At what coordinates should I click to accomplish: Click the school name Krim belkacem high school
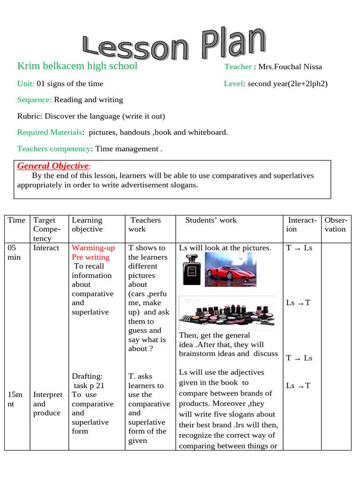(77, 66)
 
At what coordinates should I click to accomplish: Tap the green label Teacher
(238, 67)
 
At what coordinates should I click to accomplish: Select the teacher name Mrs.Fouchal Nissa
(289, 67)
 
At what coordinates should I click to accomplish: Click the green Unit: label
(26, 84)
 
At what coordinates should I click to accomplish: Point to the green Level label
(233, 84)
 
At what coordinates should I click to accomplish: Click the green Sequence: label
(34, 100)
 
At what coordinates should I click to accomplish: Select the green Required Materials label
(50, 132)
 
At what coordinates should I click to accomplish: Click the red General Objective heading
(53, 166)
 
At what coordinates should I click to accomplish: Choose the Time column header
(16, 220)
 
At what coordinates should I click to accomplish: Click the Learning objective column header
(87, 225)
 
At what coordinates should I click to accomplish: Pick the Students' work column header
(211, 220)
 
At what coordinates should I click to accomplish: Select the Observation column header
(335, 225)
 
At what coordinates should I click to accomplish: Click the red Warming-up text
(93, 248)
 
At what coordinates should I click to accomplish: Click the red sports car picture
(230, 269)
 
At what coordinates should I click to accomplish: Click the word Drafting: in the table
(87, 376)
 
